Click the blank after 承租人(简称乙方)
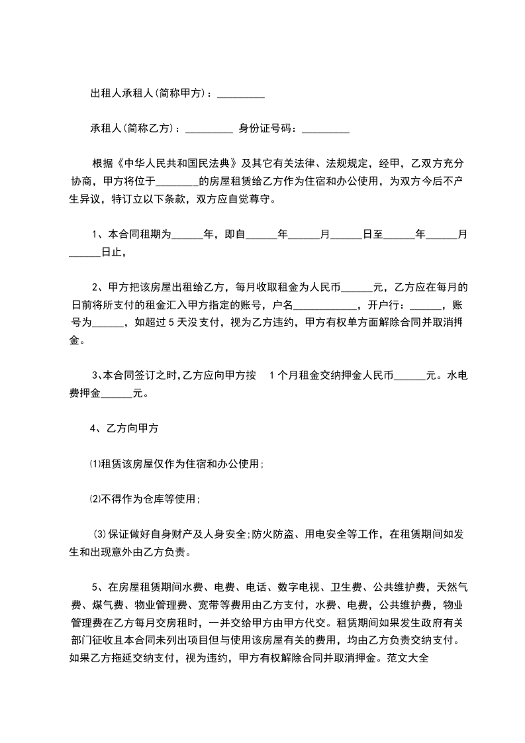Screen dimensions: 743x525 click(209, 128)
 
